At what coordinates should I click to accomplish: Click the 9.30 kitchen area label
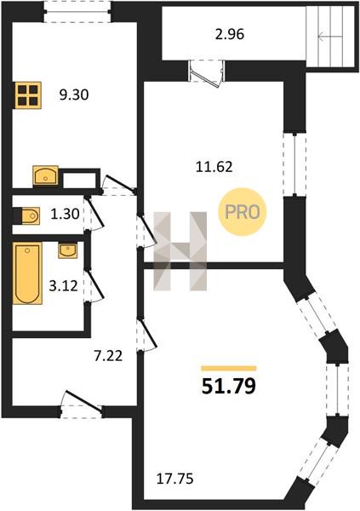[x=74, y=95]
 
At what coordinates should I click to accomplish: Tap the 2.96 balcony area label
[x=230, y=34]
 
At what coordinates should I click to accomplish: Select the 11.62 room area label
[x=214, y=167]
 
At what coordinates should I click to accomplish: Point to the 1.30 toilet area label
[x=66, y=214]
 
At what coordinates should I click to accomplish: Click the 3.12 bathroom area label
[x=64, y=286]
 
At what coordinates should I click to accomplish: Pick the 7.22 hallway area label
[x=108, y=356]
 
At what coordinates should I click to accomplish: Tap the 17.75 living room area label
[x=175, y=479]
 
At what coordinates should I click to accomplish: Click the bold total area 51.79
[x=229, y=387]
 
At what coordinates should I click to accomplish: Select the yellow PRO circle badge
[x=243, y=212]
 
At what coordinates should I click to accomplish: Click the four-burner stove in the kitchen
[x=28, y=95]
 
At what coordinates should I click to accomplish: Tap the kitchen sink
[x=46, y=175]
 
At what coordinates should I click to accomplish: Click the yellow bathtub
[x=28, y=273]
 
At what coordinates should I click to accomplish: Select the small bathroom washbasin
[x=68, y=250]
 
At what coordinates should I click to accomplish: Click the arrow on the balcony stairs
[x=330, y=37]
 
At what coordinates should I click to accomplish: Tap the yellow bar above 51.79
[x=229, y=369]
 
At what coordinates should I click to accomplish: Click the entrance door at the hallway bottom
[x=82, y=405]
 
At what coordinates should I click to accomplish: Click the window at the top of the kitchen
[x=77, y=12]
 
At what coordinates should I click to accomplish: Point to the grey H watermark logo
[x=180, y=251]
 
